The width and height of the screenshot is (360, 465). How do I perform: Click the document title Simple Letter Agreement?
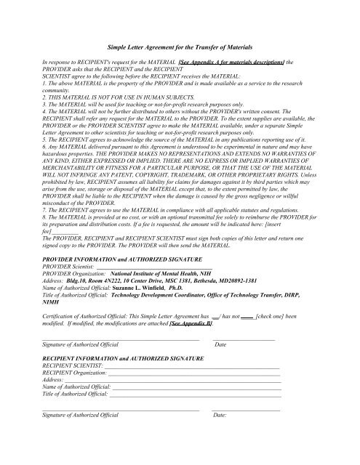point(180,46)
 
